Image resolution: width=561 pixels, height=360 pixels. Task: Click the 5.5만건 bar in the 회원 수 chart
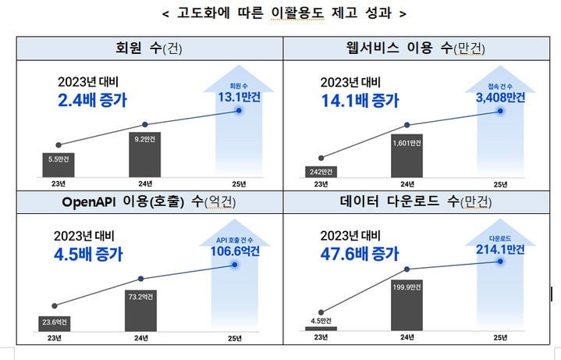pos(59,163)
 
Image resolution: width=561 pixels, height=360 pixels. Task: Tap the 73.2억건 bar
pos(140,310)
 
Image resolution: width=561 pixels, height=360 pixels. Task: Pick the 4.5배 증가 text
pos(87,254)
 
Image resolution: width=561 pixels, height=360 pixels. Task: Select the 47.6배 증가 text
pos(360,253)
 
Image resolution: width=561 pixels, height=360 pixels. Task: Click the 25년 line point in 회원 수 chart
pos(238,111)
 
